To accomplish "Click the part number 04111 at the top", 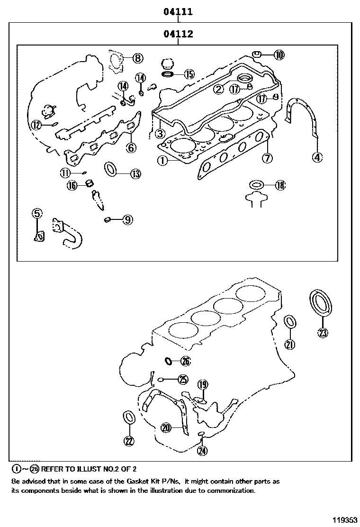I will [178, 12].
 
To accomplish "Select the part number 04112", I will [178, 34].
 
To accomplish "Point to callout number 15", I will [189, 74].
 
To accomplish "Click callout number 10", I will [279, 55].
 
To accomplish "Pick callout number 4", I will [317, 157].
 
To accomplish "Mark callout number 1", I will [162, 161].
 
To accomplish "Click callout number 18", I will [280, 185].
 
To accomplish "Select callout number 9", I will [127, 219].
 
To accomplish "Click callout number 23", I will [322, 333].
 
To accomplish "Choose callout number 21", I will [289, 345].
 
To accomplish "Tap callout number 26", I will [185, 362].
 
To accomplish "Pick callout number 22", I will [128, 440].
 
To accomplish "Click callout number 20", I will [165, 428].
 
